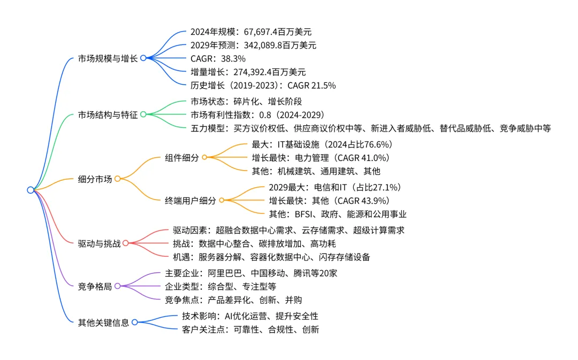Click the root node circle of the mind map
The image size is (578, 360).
[x=31, y=189]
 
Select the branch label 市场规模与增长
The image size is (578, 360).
[x=109, y=58]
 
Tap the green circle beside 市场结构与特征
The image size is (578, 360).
[x=143, y=114]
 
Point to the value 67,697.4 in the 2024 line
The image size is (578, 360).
[x=254, y=32]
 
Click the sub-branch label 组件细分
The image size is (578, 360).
[x=181, y=158]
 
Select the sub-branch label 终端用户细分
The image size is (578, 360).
[x=191, y=201]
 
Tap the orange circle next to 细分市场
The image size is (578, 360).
[x=117, y=179]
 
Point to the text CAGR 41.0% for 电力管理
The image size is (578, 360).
[x=361, y=158]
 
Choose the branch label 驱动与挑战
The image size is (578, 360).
[x=99, y=243]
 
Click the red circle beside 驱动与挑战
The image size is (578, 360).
[x=126, y=243]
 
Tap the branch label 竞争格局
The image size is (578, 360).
[x=95, y=286]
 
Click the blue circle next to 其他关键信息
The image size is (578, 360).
[x=134, y=322]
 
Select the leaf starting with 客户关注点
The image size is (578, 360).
[x=250, y=330]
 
